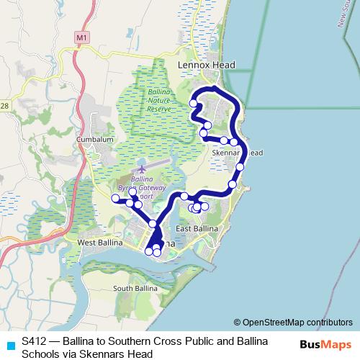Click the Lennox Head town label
coord(206,65)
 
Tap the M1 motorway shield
coord(81,35)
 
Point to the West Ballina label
coord(97,244)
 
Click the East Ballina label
coord(197,229)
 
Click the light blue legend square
coord(10,345)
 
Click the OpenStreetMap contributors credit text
coord(293,323)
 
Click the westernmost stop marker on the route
coord(115,198)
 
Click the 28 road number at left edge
coord(4,107)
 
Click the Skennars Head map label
coord(238,153)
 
